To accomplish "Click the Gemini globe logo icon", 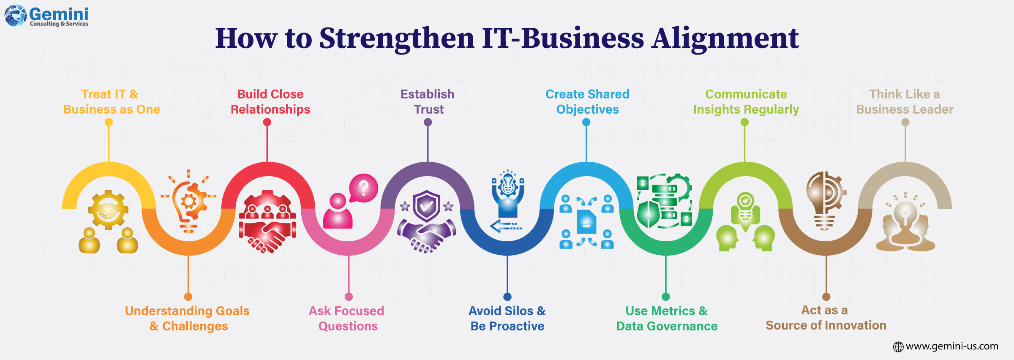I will pos(16,16).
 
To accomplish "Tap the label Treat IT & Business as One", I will pos(112,102).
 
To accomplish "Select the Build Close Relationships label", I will pos(270,102).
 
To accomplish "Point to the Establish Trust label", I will pos(428,102).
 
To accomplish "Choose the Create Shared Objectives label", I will pos(587,102).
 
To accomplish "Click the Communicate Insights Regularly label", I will pos(746,102).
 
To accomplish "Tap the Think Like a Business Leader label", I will pos(905,102).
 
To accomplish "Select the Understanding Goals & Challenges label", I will pos(187,319).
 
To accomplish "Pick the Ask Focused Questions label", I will pos(347,319).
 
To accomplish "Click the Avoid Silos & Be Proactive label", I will pos(507,319).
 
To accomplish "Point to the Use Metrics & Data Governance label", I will pos(667,319).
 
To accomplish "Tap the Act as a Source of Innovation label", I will pos(826,318).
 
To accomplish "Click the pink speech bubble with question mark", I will pos(363,188).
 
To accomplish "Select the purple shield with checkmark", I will pos(427,206).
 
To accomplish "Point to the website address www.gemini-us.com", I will pos(951,346).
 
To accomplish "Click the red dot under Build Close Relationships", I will pos(267,122).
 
